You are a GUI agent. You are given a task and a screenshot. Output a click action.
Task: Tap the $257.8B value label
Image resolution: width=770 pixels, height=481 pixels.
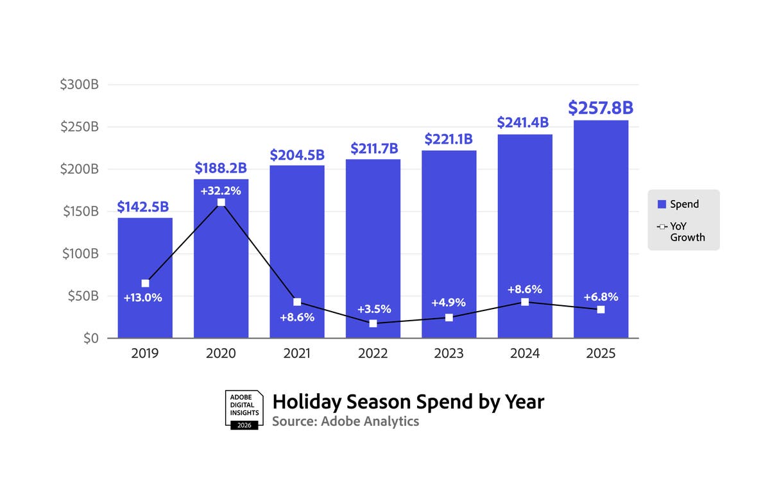(601, 108)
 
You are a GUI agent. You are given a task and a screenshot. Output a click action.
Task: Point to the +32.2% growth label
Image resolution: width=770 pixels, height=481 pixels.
(221, 190)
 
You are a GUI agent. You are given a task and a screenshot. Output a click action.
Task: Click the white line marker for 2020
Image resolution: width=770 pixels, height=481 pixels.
(221, 203)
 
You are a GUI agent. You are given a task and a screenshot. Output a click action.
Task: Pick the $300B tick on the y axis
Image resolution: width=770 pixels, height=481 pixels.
(80, 85)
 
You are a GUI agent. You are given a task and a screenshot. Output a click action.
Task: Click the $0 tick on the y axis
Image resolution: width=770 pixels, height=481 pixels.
(91, 338)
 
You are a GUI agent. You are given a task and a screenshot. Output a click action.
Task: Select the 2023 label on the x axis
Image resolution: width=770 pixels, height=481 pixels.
(449, 353)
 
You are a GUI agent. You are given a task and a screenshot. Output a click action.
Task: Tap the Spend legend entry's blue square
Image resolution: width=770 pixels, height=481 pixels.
(662, 205)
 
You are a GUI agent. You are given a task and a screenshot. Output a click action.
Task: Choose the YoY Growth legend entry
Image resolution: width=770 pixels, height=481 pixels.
(683, 232)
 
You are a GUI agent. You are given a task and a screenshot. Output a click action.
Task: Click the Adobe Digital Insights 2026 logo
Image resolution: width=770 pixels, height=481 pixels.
(244, 409)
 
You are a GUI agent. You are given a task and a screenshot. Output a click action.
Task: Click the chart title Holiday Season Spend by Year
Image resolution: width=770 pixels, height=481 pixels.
(408, 401)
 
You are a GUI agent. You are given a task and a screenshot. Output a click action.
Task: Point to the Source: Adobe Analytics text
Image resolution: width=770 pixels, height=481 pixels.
(345, 421)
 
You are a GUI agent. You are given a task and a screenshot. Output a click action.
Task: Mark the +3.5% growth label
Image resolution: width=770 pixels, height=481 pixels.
(373, 309)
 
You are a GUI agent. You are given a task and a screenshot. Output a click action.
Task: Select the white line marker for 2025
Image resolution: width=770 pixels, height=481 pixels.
(601, 310)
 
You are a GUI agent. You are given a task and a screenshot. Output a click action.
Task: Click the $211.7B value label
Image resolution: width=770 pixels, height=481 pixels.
(373, 149)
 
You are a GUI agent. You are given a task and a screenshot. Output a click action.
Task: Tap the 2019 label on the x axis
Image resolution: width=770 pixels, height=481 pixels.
(144, 353)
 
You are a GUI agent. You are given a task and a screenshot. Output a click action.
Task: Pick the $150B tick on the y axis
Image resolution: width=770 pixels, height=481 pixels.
(80, 212)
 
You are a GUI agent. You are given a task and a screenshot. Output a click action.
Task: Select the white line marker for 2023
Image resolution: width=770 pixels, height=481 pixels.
(449, 318)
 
